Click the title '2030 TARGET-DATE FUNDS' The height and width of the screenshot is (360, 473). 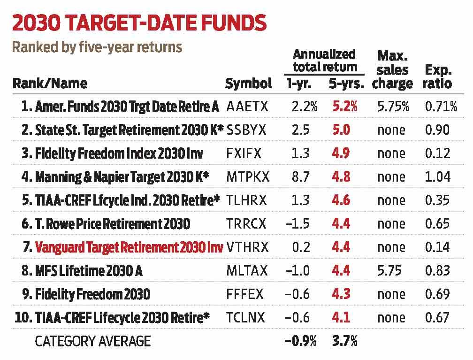point(140,23)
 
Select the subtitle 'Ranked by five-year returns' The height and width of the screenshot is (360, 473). point(97,47)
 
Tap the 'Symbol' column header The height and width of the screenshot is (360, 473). point(248,84)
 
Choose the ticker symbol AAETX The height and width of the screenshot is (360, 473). point(247,107)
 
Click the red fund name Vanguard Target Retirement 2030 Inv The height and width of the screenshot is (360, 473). point(126,247)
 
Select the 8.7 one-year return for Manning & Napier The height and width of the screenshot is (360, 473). point(300,177)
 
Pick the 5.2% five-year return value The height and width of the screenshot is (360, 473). point(344,107)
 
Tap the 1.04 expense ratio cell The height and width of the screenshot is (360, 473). point(438,177)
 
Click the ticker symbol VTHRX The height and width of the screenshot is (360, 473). point(247,247)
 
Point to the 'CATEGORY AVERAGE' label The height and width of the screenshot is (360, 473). point(93,341)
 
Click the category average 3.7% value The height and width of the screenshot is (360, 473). point(344,341)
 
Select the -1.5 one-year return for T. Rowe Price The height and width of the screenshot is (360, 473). point(298,224)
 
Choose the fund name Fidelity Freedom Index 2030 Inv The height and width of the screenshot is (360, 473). point(115,153)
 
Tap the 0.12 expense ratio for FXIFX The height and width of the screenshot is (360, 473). point(438,153)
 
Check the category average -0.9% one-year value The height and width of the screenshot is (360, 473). point(300,341)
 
